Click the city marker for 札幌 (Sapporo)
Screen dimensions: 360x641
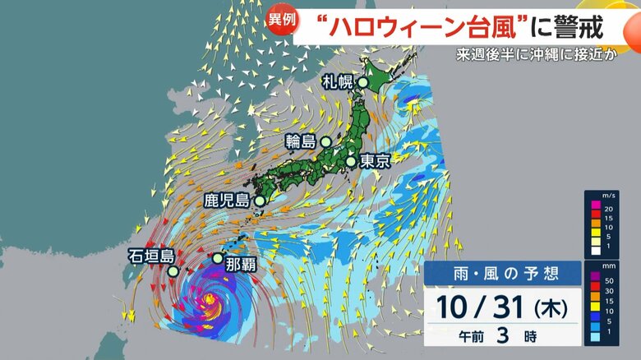362,82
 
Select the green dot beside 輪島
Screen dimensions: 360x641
325,142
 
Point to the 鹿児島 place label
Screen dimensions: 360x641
227,200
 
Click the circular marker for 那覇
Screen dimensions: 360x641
217,258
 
